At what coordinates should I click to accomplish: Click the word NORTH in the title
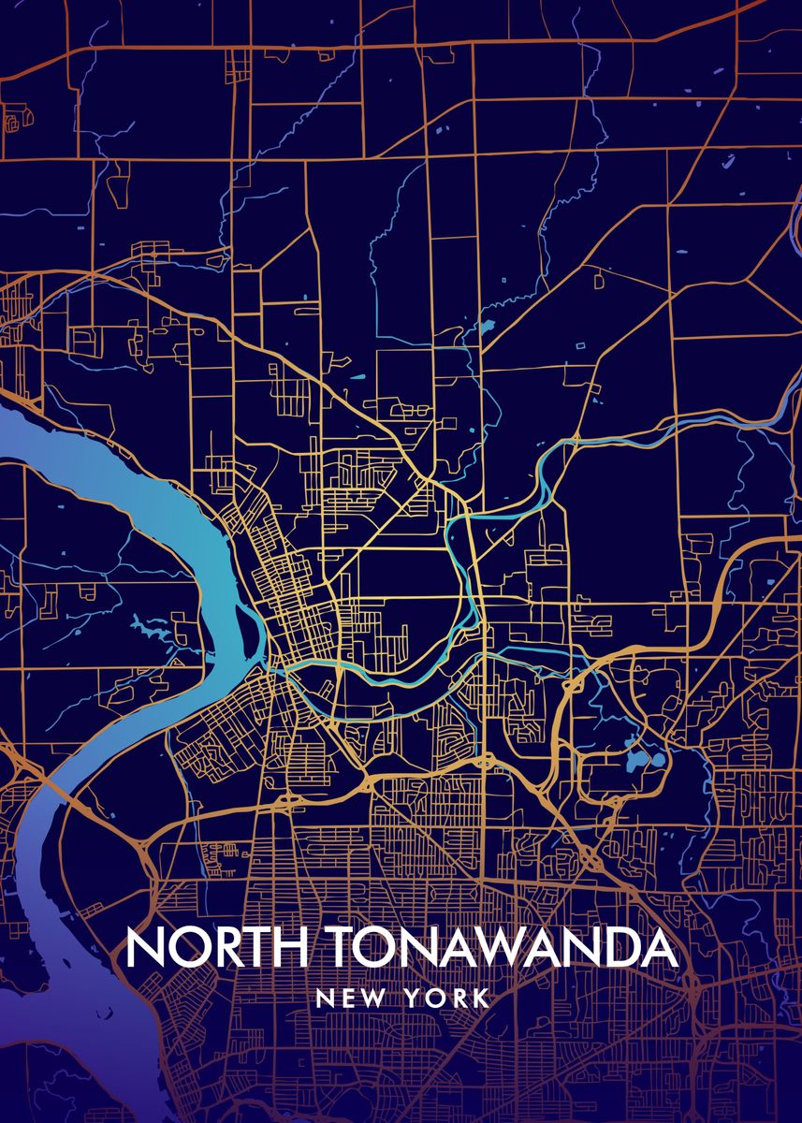pos(217,948)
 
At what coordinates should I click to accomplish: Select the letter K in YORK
pos(482,998)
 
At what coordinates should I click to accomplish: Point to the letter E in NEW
pos(347,998)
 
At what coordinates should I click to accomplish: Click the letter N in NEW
pos(325,998)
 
